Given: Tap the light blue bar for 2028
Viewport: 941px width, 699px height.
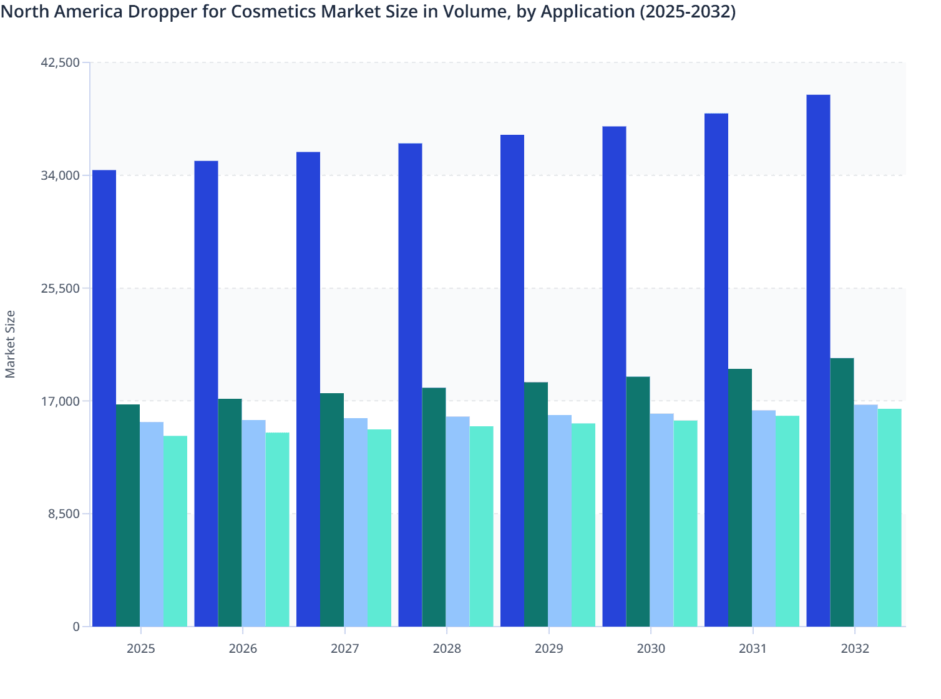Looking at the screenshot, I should pos(457,521).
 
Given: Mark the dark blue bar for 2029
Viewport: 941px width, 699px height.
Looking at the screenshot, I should pos(512,381).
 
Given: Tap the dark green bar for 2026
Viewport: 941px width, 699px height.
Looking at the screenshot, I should pos(230,512).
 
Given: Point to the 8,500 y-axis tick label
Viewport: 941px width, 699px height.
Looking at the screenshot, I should pos(64,514).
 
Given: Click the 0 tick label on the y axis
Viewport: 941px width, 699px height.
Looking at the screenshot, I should pos(76,627).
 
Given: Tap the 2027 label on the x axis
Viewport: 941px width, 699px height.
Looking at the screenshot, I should pos(344,648).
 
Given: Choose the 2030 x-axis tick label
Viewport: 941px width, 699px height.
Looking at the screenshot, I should pos(651,648).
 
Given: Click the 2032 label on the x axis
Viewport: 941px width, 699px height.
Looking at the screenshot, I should pos(855,648).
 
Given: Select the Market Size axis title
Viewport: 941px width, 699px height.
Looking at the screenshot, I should pos(11,344).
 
